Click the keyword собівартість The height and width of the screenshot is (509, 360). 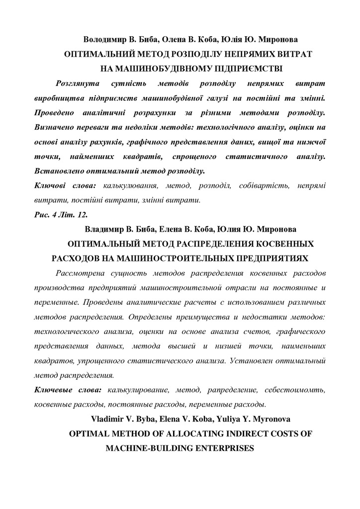pos(263,186)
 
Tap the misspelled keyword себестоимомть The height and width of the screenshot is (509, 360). pos(299,390)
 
